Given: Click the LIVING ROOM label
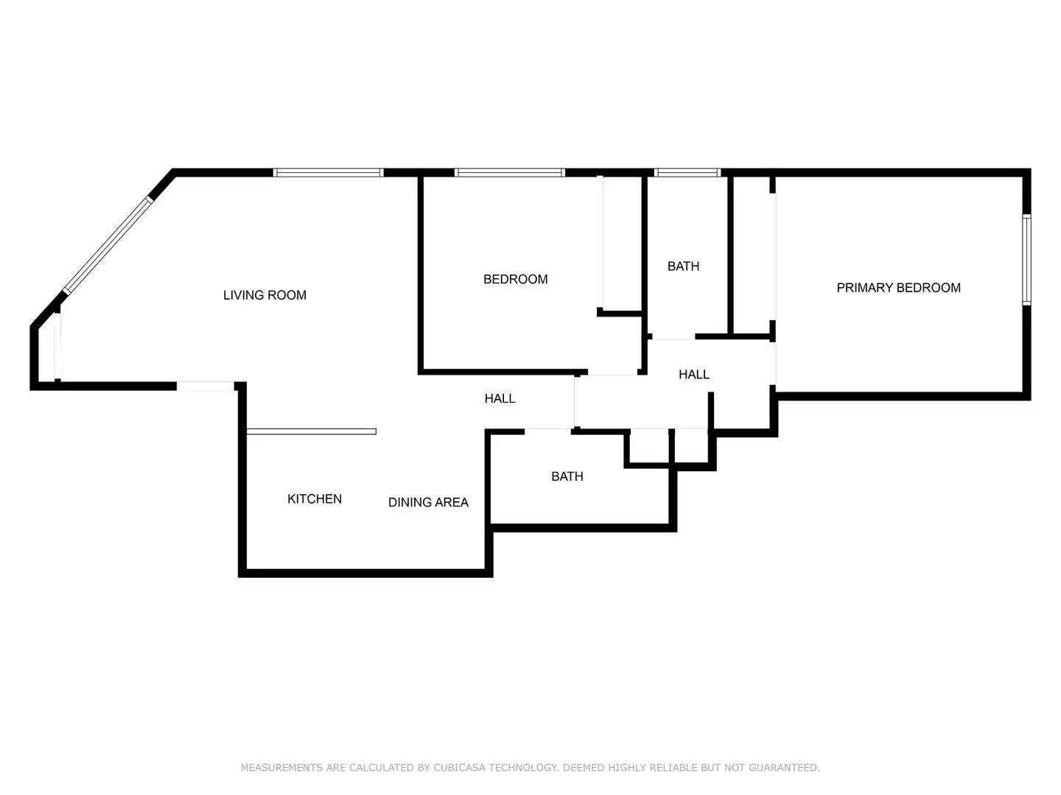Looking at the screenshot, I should click(x=265, y=295).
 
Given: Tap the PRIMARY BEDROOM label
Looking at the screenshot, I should click(x=898, y=288).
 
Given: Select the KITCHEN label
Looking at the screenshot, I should click(x=315, y=499).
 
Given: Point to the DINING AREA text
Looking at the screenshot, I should click(x=428, y=503).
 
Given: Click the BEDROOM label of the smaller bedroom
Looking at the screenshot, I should click(x=515, y=279).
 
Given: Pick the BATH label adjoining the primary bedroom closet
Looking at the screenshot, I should click(x=683, y=266).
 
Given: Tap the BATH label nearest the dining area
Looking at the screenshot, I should click(x=567, y=477).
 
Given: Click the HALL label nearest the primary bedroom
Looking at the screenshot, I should click(x=693, y=375).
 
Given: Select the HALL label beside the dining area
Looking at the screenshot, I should click(x=500, y=399).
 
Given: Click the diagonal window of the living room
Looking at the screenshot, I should click(x=108, y=245).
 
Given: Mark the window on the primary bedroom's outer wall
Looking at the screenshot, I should click(x=1026, y=259).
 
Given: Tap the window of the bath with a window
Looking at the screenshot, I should click(x=687, y=173).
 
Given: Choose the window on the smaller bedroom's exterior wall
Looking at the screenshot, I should click(x=509, y=173).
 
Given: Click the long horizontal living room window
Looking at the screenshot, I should click(x=329, y=173).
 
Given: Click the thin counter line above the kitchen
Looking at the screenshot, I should click(x=311, y=431).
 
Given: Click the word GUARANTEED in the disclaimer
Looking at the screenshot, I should click(x=783, y=768).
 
